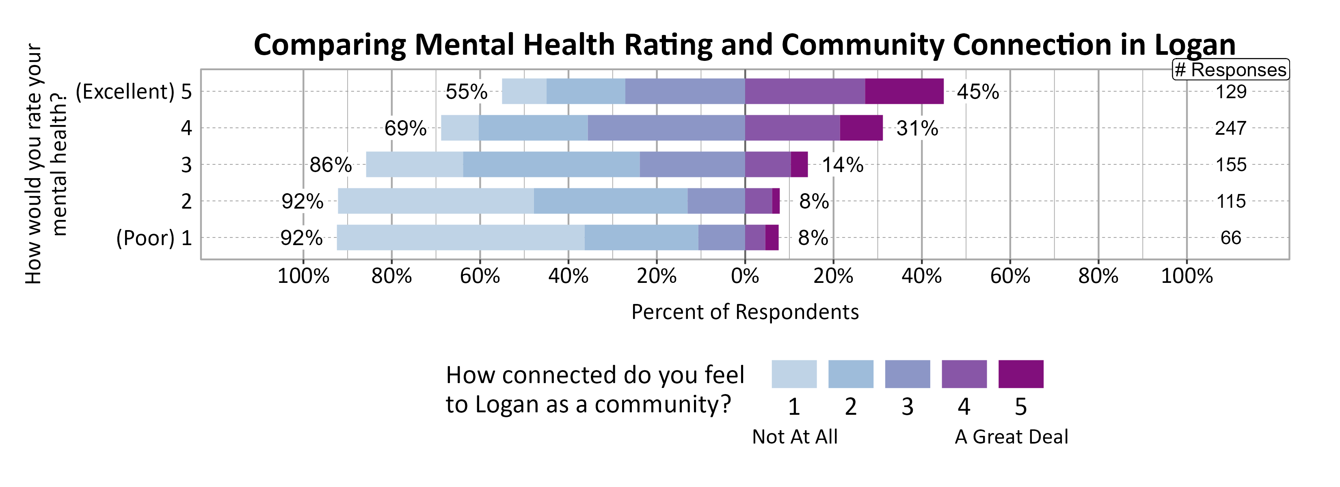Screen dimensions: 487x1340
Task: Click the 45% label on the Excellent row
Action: (977, 92)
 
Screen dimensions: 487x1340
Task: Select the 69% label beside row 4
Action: (405, 128)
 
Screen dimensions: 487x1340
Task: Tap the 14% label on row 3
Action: (842, 165)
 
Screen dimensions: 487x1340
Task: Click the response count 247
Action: (1230, 128)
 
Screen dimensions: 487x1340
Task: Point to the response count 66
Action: (1230, 238)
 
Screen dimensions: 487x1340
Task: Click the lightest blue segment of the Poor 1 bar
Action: (460, 237)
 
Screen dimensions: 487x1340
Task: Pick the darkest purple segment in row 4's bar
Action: (861, 128)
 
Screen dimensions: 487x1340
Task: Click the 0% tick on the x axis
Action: (745, 276)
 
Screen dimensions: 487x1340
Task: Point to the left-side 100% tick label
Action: (303, 276)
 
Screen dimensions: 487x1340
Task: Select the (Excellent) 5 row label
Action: (134, 92)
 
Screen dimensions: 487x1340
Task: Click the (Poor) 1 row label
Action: (153, 238)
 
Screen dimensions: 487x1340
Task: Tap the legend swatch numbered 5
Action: (1020, 374)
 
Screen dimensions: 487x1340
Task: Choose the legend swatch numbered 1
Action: (794, 374)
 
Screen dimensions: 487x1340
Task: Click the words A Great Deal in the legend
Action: (1011, 437)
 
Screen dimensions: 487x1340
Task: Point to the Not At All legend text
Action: (794, 437)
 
